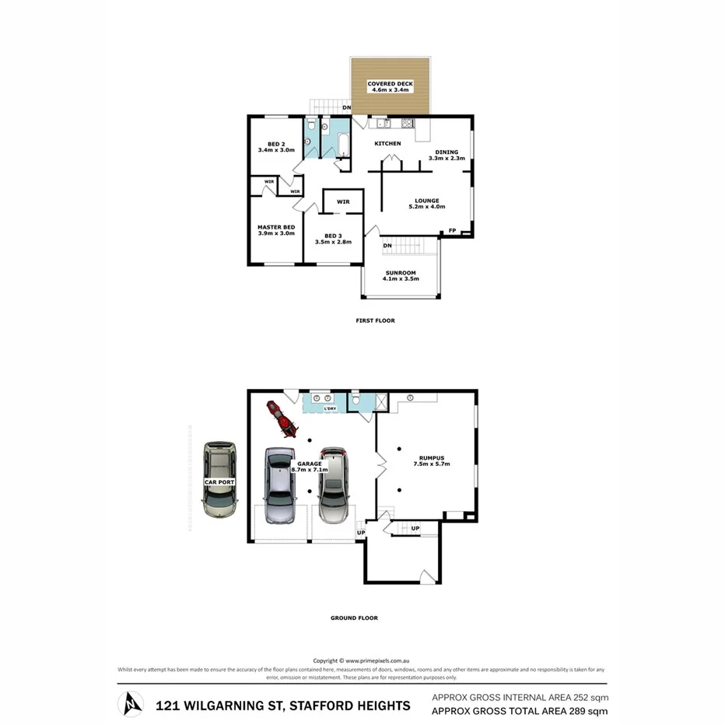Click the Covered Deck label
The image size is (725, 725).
[x=390, y=84]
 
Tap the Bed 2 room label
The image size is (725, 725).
[x=275, y=145]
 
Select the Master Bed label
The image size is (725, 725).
[x=275, y=227]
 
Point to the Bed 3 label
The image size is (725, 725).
[x=333, y=236]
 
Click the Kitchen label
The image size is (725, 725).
[x=387, y=144]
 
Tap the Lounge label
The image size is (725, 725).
[x=427, y=201]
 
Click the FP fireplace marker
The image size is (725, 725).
[x=452, y=230]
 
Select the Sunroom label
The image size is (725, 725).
[x=401, y=273]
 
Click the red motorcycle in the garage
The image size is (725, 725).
[x=282, y=419]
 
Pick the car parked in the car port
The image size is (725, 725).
[x=219, y=480]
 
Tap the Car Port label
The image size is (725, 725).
[x=219, y=482]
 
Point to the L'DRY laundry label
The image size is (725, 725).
[x=330, y=408]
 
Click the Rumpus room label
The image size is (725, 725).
[x=432, y=458]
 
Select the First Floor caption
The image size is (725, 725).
[x=376, y=320]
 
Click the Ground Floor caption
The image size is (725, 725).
[x=354, y=618]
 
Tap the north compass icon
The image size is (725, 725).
[x=130, y=705]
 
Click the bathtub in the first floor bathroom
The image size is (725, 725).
[x=341, y=144]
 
